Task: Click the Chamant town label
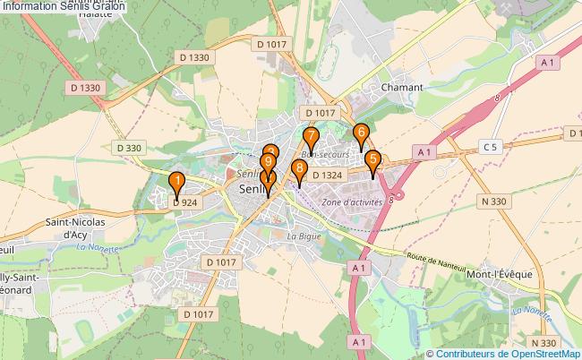coord(401,89)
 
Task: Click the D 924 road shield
coord(184,203)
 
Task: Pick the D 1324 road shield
coord(328,176)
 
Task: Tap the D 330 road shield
coord(129,148)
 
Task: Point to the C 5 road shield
coord(489,147)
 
